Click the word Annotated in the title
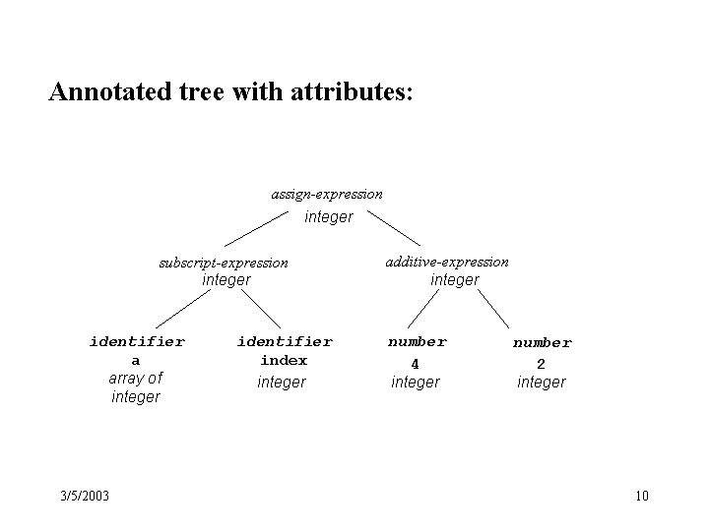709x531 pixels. pyautogui.click(x=110, y=91)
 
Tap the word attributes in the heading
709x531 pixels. pyautogui.click(x=352, y=91)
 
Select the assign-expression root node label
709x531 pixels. pyautogui.click(x=327, y=195)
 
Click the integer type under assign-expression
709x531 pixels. pyautogui.click(x=329, y=217)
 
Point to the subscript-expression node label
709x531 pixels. pyautogui.click(x=224, y=263)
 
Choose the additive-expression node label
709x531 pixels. pyautogui.click(x=447, y=262)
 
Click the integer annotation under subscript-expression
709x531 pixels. pyautogui.click(x=226, y=280)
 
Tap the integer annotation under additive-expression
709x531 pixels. pyautogui.click(x=454, y=280)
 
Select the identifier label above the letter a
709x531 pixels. pyautogui.click(x=137, y=341)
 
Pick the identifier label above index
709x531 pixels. pyautogui.click(x=285, y=341)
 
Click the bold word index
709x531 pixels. pyautogui.click(x=284, y=360)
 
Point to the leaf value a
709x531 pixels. pyautogui.click(x=136, y=361)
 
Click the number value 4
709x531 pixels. pyautogui.click(x=416, y=364)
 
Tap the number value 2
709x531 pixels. pyautogui.click(x=541, y=364)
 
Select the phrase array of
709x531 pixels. pyautogui.click(x=136, y=378)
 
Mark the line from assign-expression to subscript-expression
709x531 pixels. pyautogui.click(x=256, y=229)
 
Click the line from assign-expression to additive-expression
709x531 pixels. pyautogui.click(x=394, y=228)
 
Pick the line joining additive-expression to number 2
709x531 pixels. pyautogui.click(x=493, y=309)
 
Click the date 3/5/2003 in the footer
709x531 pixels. pyautogui.click(x=85, y=496)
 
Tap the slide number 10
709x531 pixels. pyautogui.click(x=642, y=496)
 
